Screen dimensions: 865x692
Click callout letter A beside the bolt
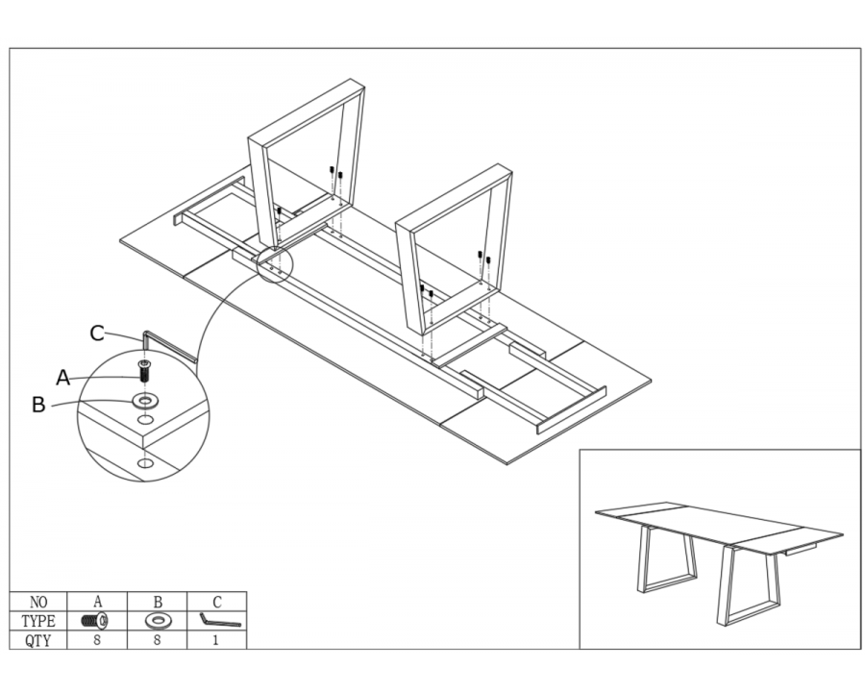63,378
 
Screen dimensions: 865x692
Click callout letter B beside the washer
38,405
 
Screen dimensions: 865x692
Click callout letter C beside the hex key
97,334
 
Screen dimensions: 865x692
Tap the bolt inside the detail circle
144,370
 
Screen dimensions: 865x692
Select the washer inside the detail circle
144,400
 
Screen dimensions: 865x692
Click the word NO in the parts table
38,602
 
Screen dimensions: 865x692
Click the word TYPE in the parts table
38,622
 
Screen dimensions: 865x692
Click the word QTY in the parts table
38,641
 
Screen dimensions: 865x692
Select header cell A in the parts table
98,602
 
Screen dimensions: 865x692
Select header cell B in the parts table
158,602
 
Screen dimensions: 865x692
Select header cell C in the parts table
217,602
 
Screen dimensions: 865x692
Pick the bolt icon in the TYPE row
95,621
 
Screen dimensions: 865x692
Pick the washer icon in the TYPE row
158,622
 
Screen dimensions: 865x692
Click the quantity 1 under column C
215,641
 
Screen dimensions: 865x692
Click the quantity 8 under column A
97,641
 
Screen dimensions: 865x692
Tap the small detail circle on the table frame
275,265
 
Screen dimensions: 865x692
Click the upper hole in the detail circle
145,421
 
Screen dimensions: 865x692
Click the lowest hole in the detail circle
145,462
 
